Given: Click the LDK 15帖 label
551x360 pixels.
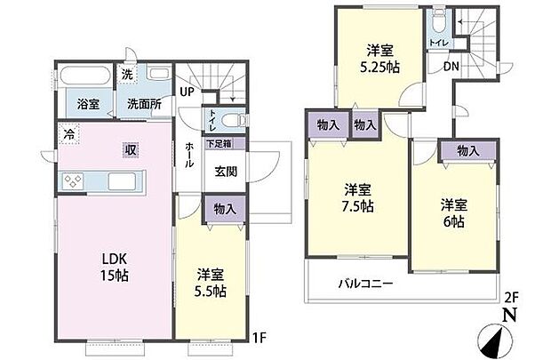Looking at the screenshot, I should (x=114, y=268).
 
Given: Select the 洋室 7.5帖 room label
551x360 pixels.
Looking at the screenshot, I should (x=358, y=197).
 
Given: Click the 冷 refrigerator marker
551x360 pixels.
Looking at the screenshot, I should (x=68, y=136).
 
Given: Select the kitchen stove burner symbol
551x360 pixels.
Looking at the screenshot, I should (x=73, y=182).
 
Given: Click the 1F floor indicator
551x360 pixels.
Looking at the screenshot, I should (x=259, y=337).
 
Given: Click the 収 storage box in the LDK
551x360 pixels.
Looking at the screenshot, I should (x=130, y=149).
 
